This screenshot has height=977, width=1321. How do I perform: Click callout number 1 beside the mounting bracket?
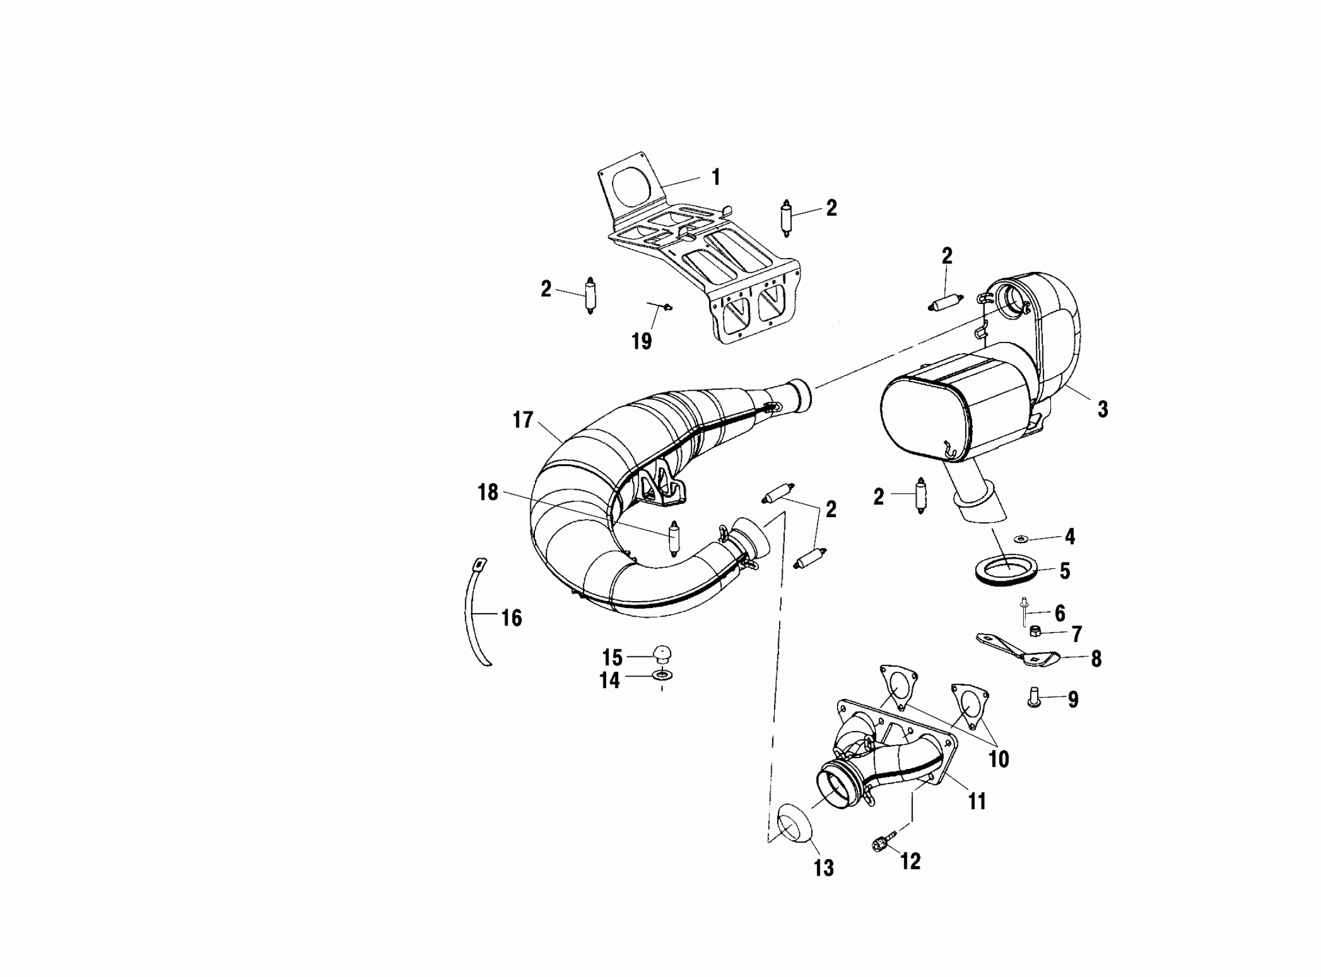coord(716,177)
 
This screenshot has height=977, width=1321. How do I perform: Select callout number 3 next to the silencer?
coord(1102,409)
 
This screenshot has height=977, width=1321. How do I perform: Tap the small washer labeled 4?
coord(1020,538)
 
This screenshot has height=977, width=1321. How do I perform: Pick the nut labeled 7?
coord(1035,632)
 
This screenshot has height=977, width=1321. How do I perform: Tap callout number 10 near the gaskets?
coord(999,759)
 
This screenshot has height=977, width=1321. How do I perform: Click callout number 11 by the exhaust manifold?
coord(977,802)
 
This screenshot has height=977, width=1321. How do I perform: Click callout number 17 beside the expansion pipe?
coord(523,421)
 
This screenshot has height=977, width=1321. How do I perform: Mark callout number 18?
coord(488,492)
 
